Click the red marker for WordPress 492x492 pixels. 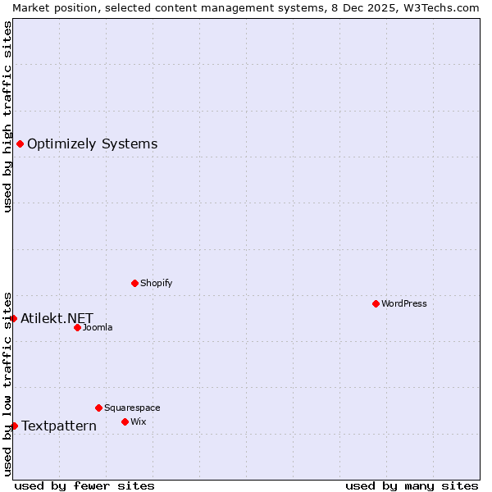click(376, 303)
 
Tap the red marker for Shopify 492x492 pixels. click(134, 283)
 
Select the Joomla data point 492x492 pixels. click(77, 327)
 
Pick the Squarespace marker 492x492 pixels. click(98, 408)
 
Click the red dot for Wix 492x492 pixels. click(125, 421)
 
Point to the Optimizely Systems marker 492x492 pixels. click(20, 144)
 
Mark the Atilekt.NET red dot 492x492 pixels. click(13, 318)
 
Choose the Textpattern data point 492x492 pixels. click(14, 426)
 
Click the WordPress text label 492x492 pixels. click(404, 303)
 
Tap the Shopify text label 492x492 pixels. click(156, 283)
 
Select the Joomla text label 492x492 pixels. click(98, 327)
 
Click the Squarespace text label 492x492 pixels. click(132, 408)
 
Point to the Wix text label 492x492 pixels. click(138, 421)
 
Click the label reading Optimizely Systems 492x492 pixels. click(92, 144)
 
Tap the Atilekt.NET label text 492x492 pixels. click(57, 318)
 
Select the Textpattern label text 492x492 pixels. click(58, 426)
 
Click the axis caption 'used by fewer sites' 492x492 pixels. click(84, 485)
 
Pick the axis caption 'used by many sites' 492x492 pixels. click(412, 485)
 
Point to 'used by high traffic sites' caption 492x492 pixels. click(7, 116)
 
